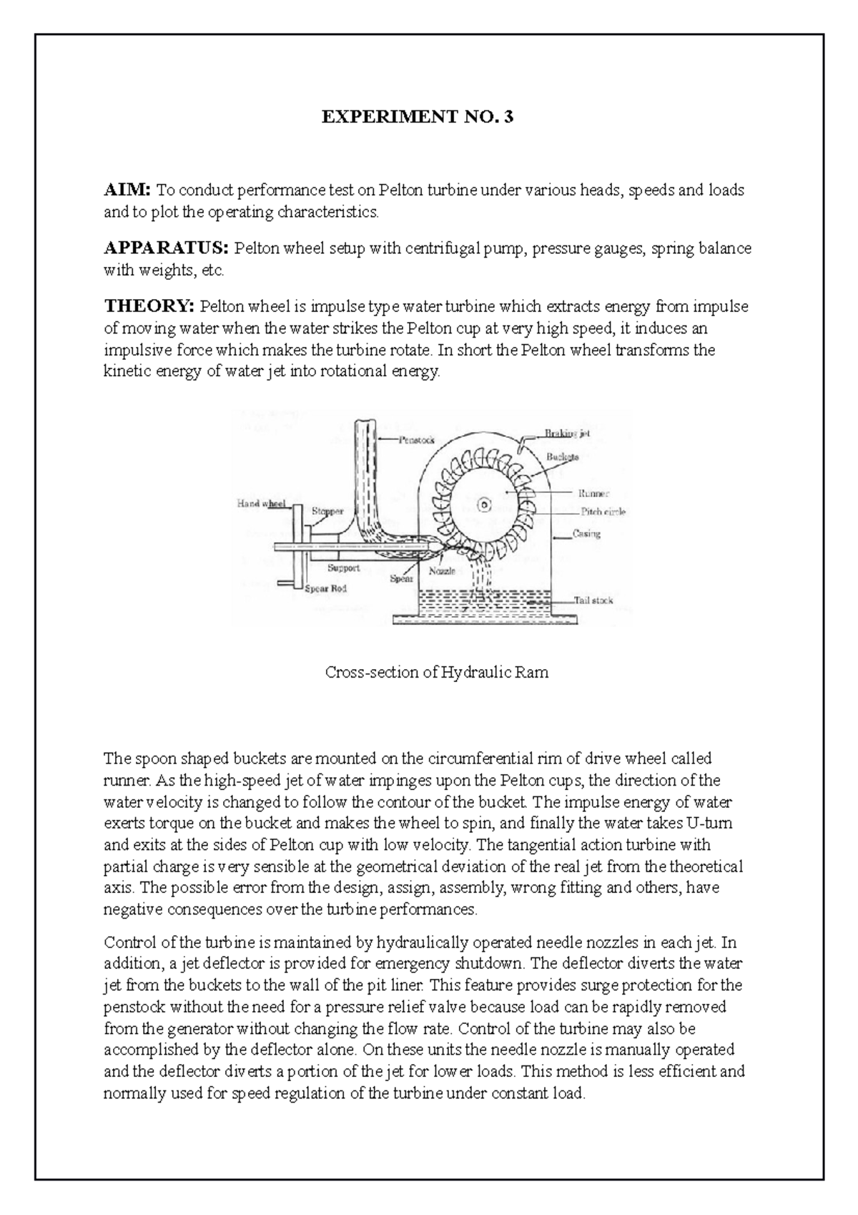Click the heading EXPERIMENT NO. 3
click(x=417, y=117)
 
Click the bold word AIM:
click(x=127, y=190)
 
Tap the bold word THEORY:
click(x=149, y=307)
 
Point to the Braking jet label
click(x=567, y=434)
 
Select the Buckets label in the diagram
click(x=563, y=457)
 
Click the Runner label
click(x=594, y=493)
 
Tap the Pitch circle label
click(x=603, y=512)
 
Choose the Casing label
click(x=587, y=534)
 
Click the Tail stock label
click(x=593, y=601)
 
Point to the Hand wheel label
click(x=261, y=504)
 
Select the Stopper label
click(x=327, y=512)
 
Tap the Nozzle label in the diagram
click(x=442, y=572)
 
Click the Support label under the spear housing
click(x=343, y=568)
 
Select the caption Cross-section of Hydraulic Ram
click(x=437, y=673)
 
